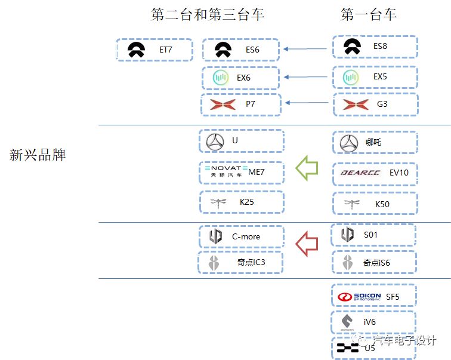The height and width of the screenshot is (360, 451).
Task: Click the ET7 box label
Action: pos(166,50)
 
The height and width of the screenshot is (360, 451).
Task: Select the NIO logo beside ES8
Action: pos(352,47)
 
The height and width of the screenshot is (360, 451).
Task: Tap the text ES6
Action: pos(252,50)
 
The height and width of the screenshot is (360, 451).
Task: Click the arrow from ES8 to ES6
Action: pos(307,49)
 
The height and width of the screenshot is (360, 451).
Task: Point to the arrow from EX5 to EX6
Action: pos(307,77)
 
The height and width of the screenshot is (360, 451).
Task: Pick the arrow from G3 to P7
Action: pos(307,103)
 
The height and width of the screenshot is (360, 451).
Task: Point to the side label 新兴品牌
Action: pos(38,155)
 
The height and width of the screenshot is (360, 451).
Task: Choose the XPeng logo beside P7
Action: pos(222,105)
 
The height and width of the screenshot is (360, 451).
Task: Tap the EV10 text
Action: pos(399,173)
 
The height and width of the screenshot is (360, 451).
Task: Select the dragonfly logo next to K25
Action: pos(218,202)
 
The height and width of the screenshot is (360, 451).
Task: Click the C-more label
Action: pos(246,236)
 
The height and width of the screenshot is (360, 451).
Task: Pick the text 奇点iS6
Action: pos(376,262)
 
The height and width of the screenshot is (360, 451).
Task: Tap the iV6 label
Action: pos(370,322)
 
